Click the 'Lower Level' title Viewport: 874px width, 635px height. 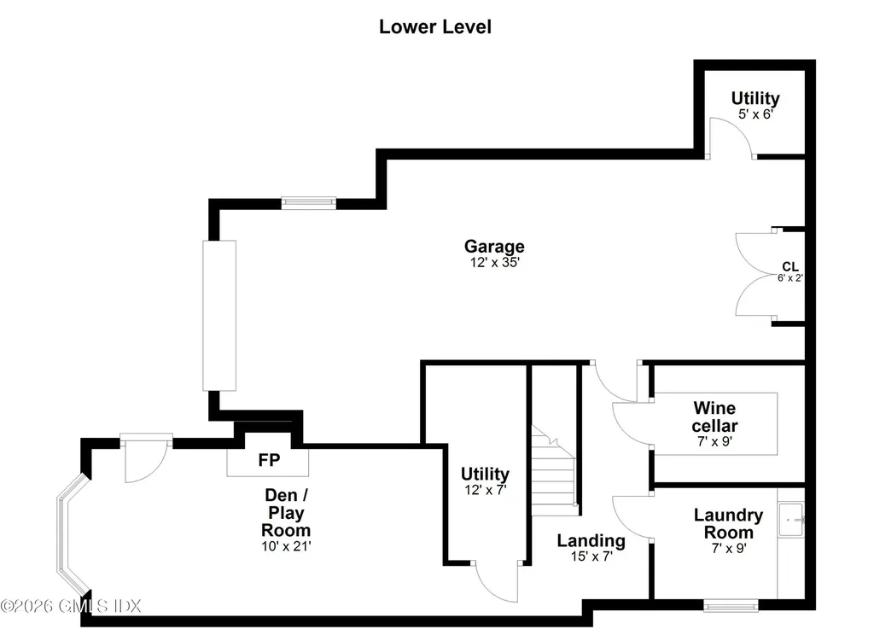click(x=435, y=26)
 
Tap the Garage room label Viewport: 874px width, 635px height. click(x=494, y=248)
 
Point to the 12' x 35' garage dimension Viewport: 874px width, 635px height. click(x=494, y=264)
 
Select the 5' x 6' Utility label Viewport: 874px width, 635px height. click(x=755, y=98)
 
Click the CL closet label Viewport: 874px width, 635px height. click(x=790, y=266)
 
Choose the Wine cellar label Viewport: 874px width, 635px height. click(x=715, y=417)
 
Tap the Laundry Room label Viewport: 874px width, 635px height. click(x=728, y=523)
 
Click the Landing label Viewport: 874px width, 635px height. click(x=591, y=540)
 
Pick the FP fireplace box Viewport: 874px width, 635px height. click(x=268, y=460)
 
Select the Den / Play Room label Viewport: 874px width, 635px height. click(x=286, y=512)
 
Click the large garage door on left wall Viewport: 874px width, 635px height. click(x=218, y=316)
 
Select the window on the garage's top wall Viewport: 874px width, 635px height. click(x=309, y=203)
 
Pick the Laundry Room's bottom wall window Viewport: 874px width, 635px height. click(x=731, y=606)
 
